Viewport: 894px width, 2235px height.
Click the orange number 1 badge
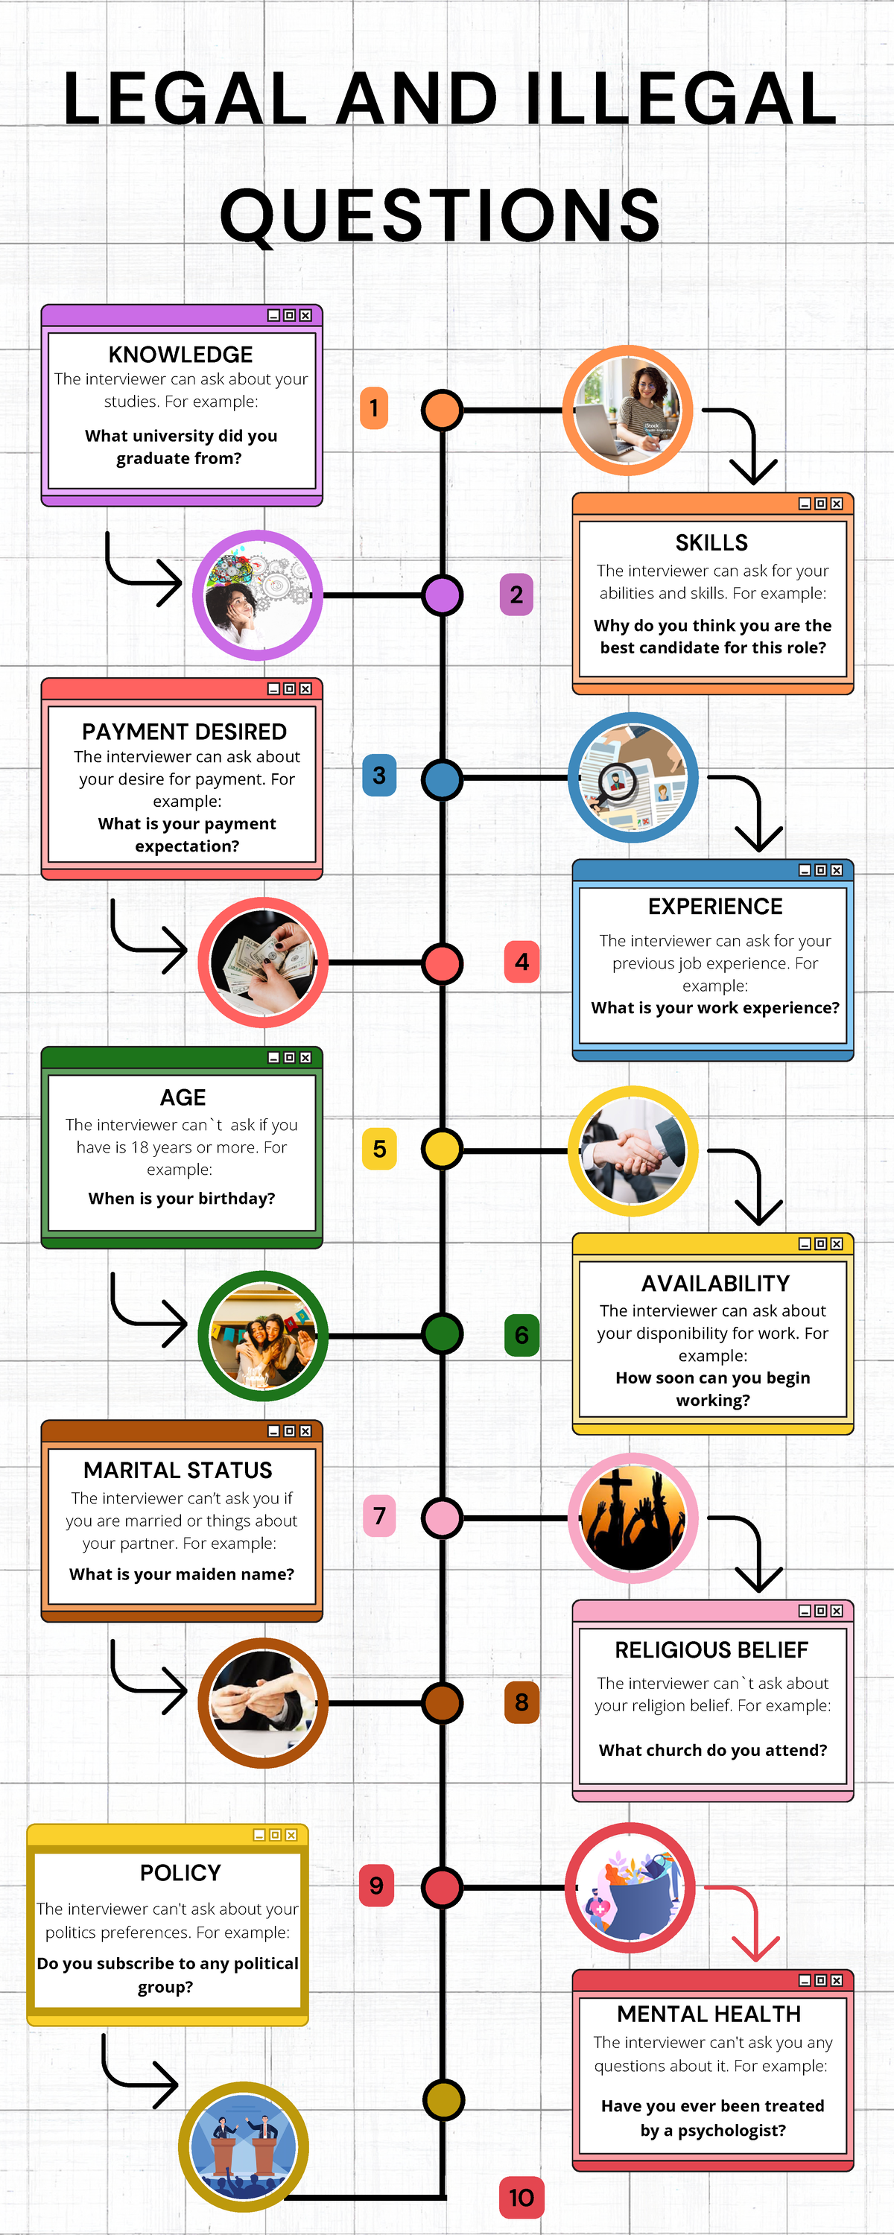(374, 408)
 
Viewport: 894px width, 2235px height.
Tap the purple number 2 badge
(516, 595)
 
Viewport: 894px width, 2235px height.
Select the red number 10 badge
(521, 2197)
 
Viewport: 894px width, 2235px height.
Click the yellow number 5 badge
(379, 1149)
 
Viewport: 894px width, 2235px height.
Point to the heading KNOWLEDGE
(180, 355)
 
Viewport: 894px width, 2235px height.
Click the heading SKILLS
(711, 543)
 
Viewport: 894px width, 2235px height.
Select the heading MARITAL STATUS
(178, 1470)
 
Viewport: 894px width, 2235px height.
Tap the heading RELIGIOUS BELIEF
(711, 1649)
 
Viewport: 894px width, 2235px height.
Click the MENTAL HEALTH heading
(709, 2014)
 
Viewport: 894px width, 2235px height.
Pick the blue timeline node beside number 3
(442, 779)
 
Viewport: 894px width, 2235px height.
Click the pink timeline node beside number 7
(442, 1518)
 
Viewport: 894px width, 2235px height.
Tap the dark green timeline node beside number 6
(442, 1334)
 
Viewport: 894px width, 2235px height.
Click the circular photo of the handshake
(633, 1150)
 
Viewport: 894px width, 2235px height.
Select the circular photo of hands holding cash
(263, 963)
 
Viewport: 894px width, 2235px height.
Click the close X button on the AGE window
(305, 1058)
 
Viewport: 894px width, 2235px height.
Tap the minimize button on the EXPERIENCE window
(805, 870)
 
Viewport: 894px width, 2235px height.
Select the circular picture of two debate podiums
(243, 2147)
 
